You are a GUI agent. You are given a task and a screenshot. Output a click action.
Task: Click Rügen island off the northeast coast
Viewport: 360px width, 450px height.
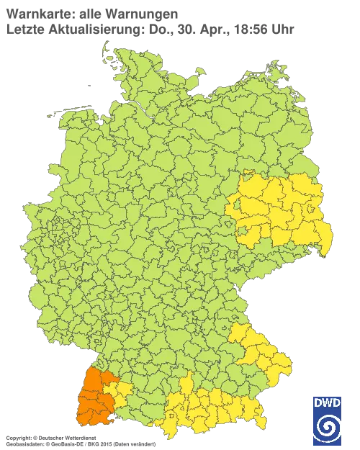272,72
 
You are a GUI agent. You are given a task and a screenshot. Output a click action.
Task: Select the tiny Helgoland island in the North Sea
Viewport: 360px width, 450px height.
87,84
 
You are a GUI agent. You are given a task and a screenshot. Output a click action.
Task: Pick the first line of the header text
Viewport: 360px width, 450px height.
86,13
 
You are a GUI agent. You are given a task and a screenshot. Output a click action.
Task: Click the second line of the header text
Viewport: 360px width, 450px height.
144,29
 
